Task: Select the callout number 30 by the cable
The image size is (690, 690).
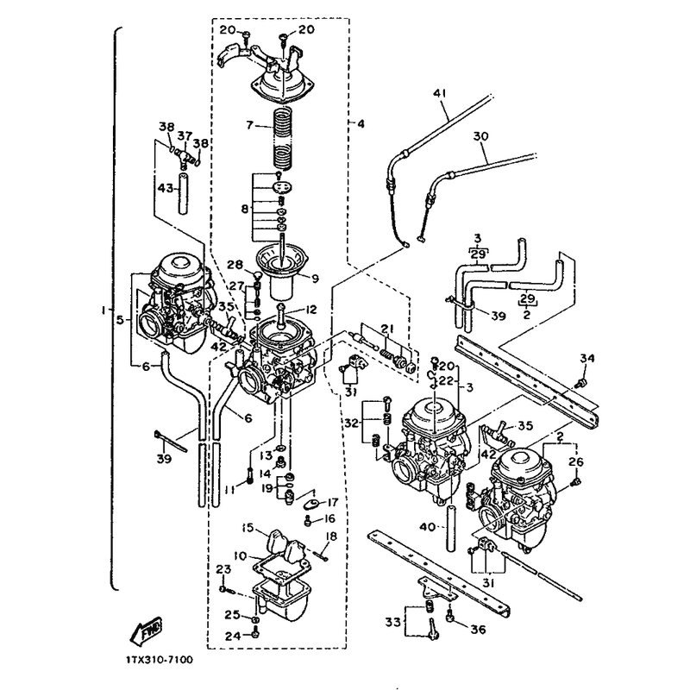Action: click(480, 135)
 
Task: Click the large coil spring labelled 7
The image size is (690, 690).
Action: click(284, 138)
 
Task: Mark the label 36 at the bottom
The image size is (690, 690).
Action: click(476, 629)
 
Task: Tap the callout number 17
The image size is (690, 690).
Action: click(331, 501)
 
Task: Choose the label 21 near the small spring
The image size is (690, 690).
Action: click(387, 329)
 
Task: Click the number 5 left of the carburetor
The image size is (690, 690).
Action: click(122, 319)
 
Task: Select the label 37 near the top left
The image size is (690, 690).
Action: click(185, 135)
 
